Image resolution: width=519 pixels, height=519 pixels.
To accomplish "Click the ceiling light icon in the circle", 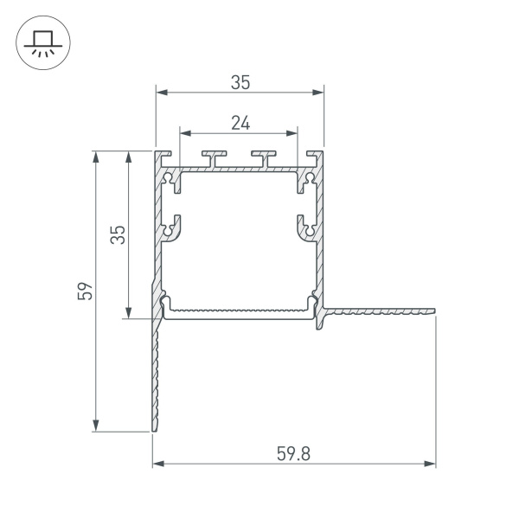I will (40, 42).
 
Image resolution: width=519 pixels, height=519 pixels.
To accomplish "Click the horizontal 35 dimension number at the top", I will (240, 83).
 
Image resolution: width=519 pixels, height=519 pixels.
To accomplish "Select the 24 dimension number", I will (240, 124).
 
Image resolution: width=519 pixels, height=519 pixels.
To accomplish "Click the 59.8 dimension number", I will (293, 452).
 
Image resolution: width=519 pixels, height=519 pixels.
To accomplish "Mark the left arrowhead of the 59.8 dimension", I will (157, 465).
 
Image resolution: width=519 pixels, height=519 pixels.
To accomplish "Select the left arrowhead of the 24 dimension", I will (184, 134).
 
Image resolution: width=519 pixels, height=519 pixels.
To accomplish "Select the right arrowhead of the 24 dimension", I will (293, 134).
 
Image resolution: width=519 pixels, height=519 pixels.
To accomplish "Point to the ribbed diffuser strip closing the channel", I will (239, 309).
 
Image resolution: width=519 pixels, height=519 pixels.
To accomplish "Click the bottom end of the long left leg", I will (155, 428).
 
